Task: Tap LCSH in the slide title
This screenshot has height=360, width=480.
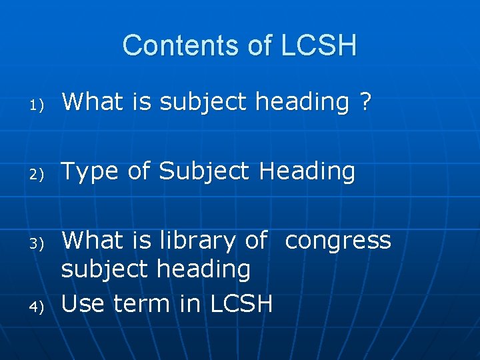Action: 319,45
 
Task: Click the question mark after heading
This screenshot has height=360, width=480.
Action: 365,103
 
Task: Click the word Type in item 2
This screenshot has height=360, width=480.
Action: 90,172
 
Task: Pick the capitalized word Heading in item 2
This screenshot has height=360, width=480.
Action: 307,171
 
